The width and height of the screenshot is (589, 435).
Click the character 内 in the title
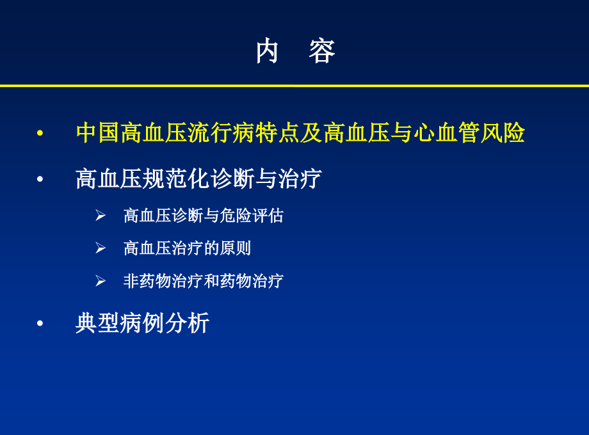pyautogui.click(x=267, y=51)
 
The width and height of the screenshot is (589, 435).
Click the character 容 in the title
pyautogui.click(x=322, y=51)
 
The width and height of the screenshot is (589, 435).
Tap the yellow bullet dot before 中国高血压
pyautogui.click(x=40, y=133)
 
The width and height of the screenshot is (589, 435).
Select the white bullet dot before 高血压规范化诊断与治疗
pyautogui.click(x=40, y=179)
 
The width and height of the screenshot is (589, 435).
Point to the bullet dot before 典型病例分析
pyautogui.click(x=40, y=323)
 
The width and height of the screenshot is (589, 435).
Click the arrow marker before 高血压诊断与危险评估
pyautogui.click(x=101, y=216)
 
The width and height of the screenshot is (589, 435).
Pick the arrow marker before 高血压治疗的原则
pyautogui.click(x=101, y=248)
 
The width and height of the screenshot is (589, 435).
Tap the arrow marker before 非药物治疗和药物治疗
pyautogui.click(x=101, y=281)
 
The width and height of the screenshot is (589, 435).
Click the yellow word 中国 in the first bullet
pyautogui.click(x=98, y=132)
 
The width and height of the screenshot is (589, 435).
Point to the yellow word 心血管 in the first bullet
pyautogui.click(x=446, y=132)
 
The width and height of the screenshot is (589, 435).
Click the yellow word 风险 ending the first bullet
pyautogui.click(x=503, y=132)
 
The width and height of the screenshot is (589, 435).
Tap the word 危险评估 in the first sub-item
pyautogui.click(x=252, y=216)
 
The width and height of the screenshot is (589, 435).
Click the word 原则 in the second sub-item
pyautogui.click(x=235, y=248)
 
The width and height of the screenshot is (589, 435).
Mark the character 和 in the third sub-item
pyautogui.click(x=211, y=281)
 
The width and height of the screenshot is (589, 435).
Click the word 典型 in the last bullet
pyautogui.click(x=98, y=323)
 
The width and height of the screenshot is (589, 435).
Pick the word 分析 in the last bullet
pyautogui.click(x=187, y=323)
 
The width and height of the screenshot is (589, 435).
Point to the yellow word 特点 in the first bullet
pyautogui.click(x=277, y=132)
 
